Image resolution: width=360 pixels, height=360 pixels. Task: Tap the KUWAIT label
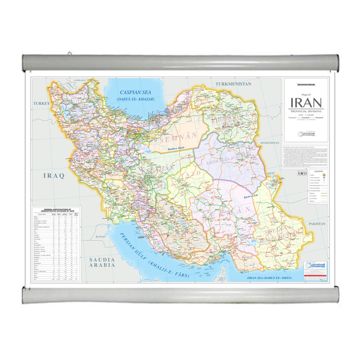point(100,236)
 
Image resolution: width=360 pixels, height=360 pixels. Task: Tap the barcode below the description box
point(302,173)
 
